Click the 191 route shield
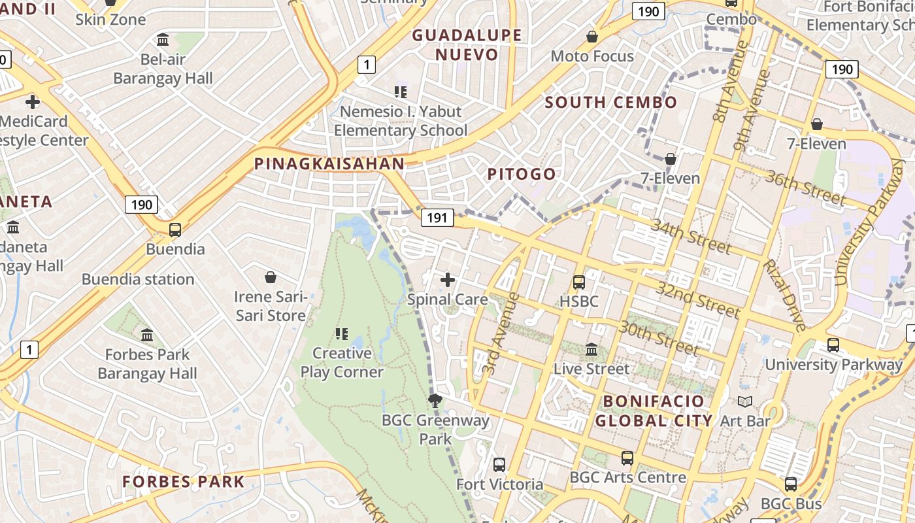437,218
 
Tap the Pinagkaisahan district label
329,164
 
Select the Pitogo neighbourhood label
522,174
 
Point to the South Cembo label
611,103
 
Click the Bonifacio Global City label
654,411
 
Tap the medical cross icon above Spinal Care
448,280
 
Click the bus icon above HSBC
579,282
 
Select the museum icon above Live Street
591,350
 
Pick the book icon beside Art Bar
745,401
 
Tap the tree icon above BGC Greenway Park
435,400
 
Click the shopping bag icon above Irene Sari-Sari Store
271,278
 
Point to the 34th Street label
691,236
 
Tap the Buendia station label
138,279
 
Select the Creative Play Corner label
342,362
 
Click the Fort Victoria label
499,484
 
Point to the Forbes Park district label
184,482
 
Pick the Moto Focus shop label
592,56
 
